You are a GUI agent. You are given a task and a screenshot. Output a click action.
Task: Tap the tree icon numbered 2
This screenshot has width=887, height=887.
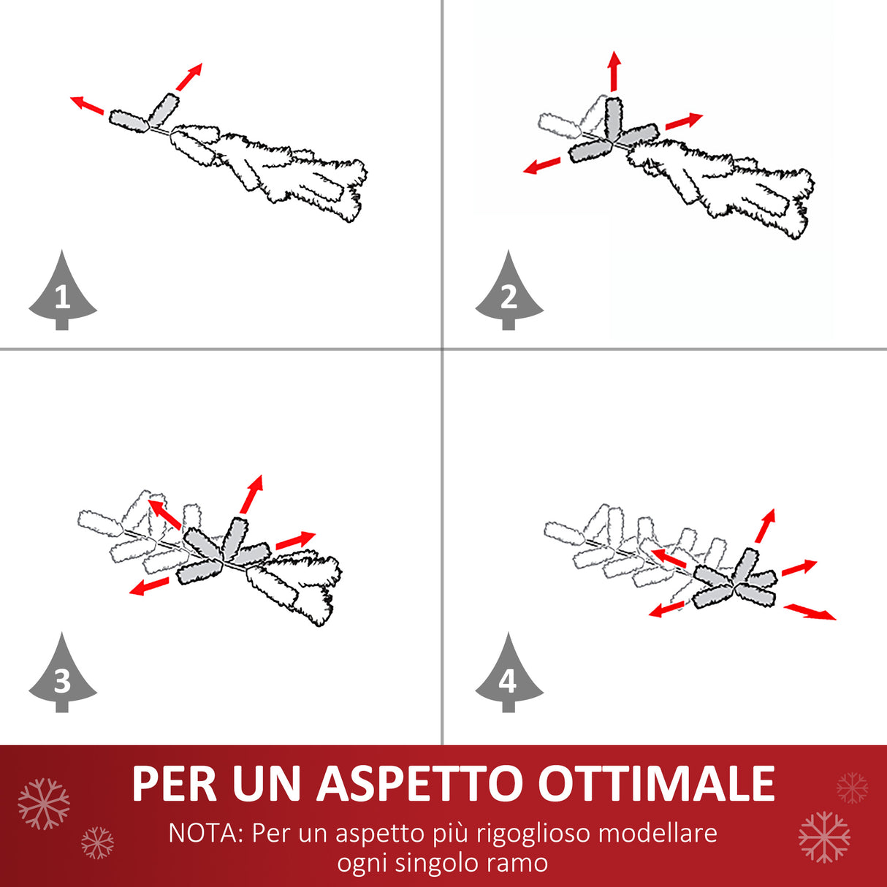tap(509, 294)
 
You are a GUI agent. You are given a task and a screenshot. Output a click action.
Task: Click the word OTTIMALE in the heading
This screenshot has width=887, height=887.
tap(655, 784)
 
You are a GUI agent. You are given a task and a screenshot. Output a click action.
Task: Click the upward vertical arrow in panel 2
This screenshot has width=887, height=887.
tap(614, 71)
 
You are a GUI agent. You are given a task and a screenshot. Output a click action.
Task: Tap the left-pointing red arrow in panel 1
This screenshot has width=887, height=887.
tap(87, 105)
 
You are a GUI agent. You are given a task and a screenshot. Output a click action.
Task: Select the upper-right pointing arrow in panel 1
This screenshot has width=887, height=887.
tap(189, 77)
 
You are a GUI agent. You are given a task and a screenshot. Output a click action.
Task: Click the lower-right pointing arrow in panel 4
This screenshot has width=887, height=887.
tap(810, 612)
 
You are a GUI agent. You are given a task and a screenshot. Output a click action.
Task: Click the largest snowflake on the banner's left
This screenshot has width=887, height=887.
tap(44, 804)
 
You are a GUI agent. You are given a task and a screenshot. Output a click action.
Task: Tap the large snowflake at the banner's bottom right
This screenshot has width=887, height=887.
tap(824, 837)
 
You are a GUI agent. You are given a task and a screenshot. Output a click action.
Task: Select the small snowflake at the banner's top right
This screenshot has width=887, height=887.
tap(852, 788)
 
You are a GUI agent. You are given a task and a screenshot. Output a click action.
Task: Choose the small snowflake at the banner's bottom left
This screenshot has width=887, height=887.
tap(97, 842)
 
